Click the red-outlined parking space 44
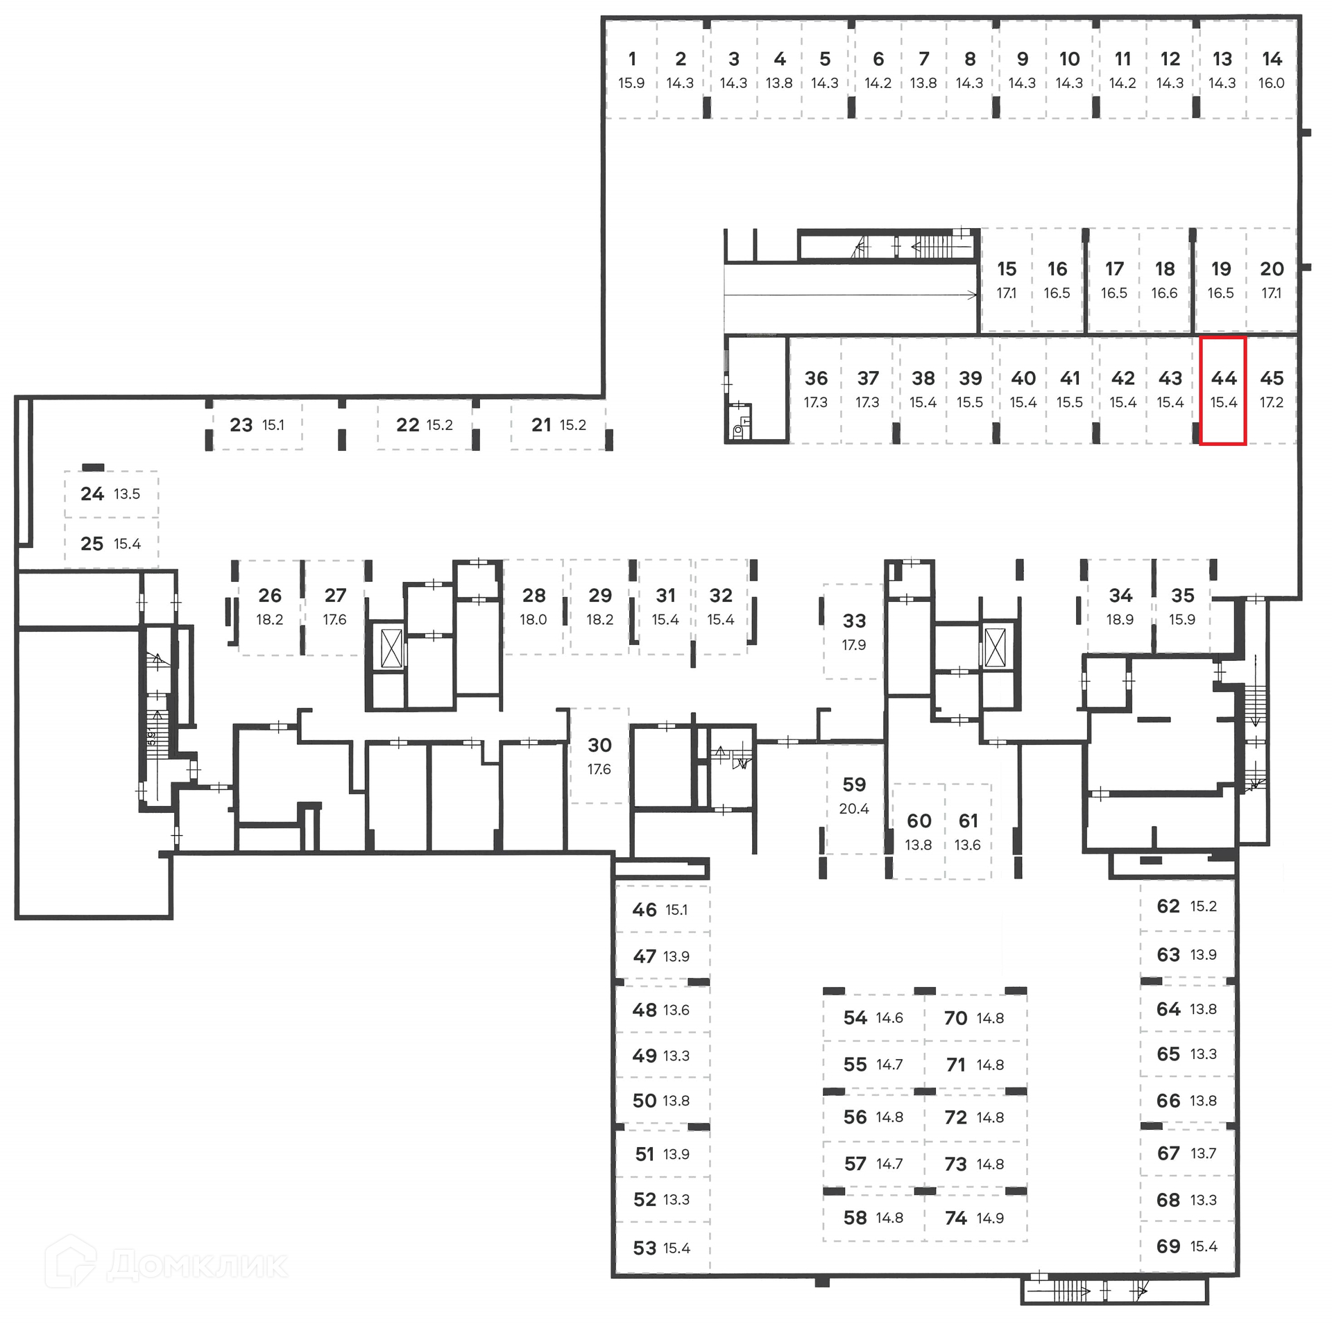(1223, 390)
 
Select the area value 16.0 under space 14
(1271, 83)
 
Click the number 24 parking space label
(92, 494)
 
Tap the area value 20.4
(854, 809)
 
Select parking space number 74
(955, 1218)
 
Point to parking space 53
(644, 1248)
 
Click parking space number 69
(1168, 1246)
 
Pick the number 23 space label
(241, 425)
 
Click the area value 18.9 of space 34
(1120, 619)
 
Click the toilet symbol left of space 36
(738, 431)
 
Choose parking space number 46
(644, 910)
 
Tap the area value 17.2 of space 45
(1271, 402)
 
